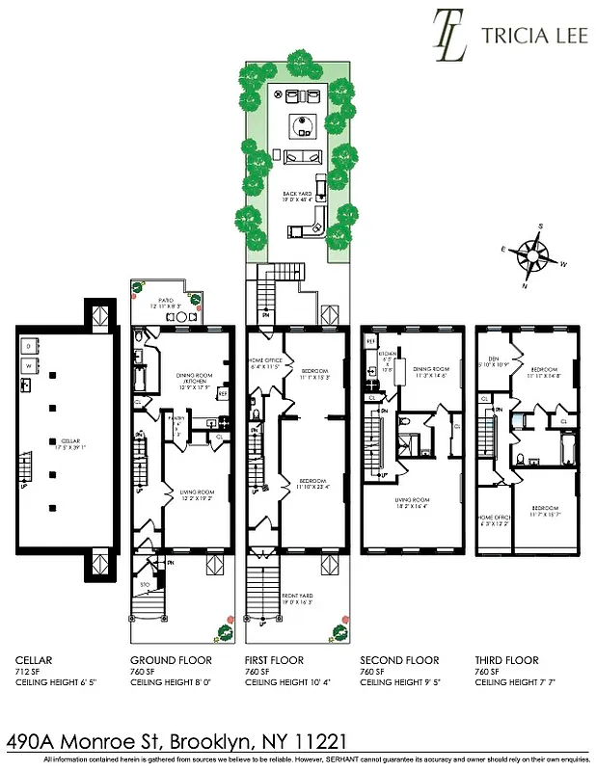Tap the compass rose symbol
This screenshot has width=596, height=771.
click(x=530, y=254)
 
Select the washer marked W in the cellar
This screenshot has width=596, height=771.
click(x=30, y=367)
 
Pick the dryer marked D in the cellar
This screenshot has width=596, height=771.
click(x=30, y=345)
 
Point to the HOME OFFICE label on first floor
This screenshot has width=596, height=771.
click(x=264, y=364)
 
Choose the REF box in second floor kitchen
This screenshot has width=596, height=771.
click(x=370, y=342)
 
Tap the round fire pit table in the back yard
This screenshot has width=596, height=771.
click(x=306, y=124)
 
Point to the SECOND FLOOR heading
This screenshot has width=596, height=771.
click(x=399, y=660)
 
